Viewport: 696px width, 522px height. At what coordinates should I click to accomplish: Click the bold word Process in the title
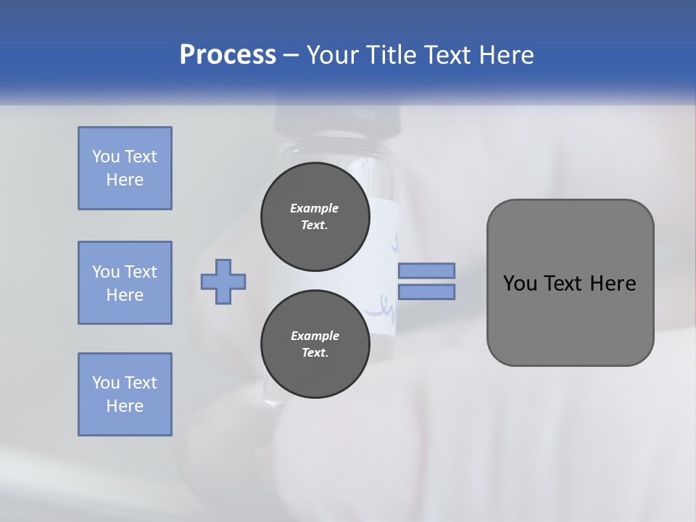(228, 55)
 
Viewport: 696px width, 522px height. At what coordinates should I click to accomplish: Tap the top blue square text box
(125, 168)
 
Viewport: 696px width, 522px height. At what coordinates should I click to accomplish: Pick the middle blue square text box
(125, 283)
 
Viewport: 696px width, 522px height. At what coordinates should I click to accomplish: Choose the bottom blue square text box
(125, 394)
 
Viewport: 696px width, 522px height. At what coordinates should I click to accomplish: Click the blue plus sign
(223, 281)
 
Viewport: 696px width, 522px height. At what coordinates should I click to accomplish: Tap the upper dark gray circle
(315, 216)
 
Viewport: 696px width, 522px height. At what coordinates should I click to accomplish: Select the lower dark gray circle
(315, 344)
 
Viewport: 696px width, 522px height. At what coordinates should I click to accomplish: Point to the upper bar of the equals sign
(426, 270)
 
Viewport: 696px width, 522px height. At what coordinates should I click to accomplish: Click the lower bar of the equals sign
(426, 292)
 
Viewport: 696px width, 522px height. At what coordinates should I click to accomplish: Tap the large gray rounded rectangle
(570, 319)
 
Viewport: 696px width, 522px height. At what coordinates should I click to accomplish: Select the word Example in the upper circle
(315, 208)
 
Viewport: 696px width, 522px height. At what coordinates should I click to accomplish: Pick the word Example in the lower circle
(315, 336)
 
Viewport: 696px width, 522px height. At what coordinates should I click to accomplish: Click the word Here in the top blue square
(125, 180)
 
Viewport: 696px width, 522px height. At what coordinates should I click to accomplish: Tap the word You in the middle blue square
(105, 272)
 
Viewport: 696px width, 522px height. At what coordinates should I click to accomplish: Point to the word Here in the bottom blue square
(125, 406)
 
